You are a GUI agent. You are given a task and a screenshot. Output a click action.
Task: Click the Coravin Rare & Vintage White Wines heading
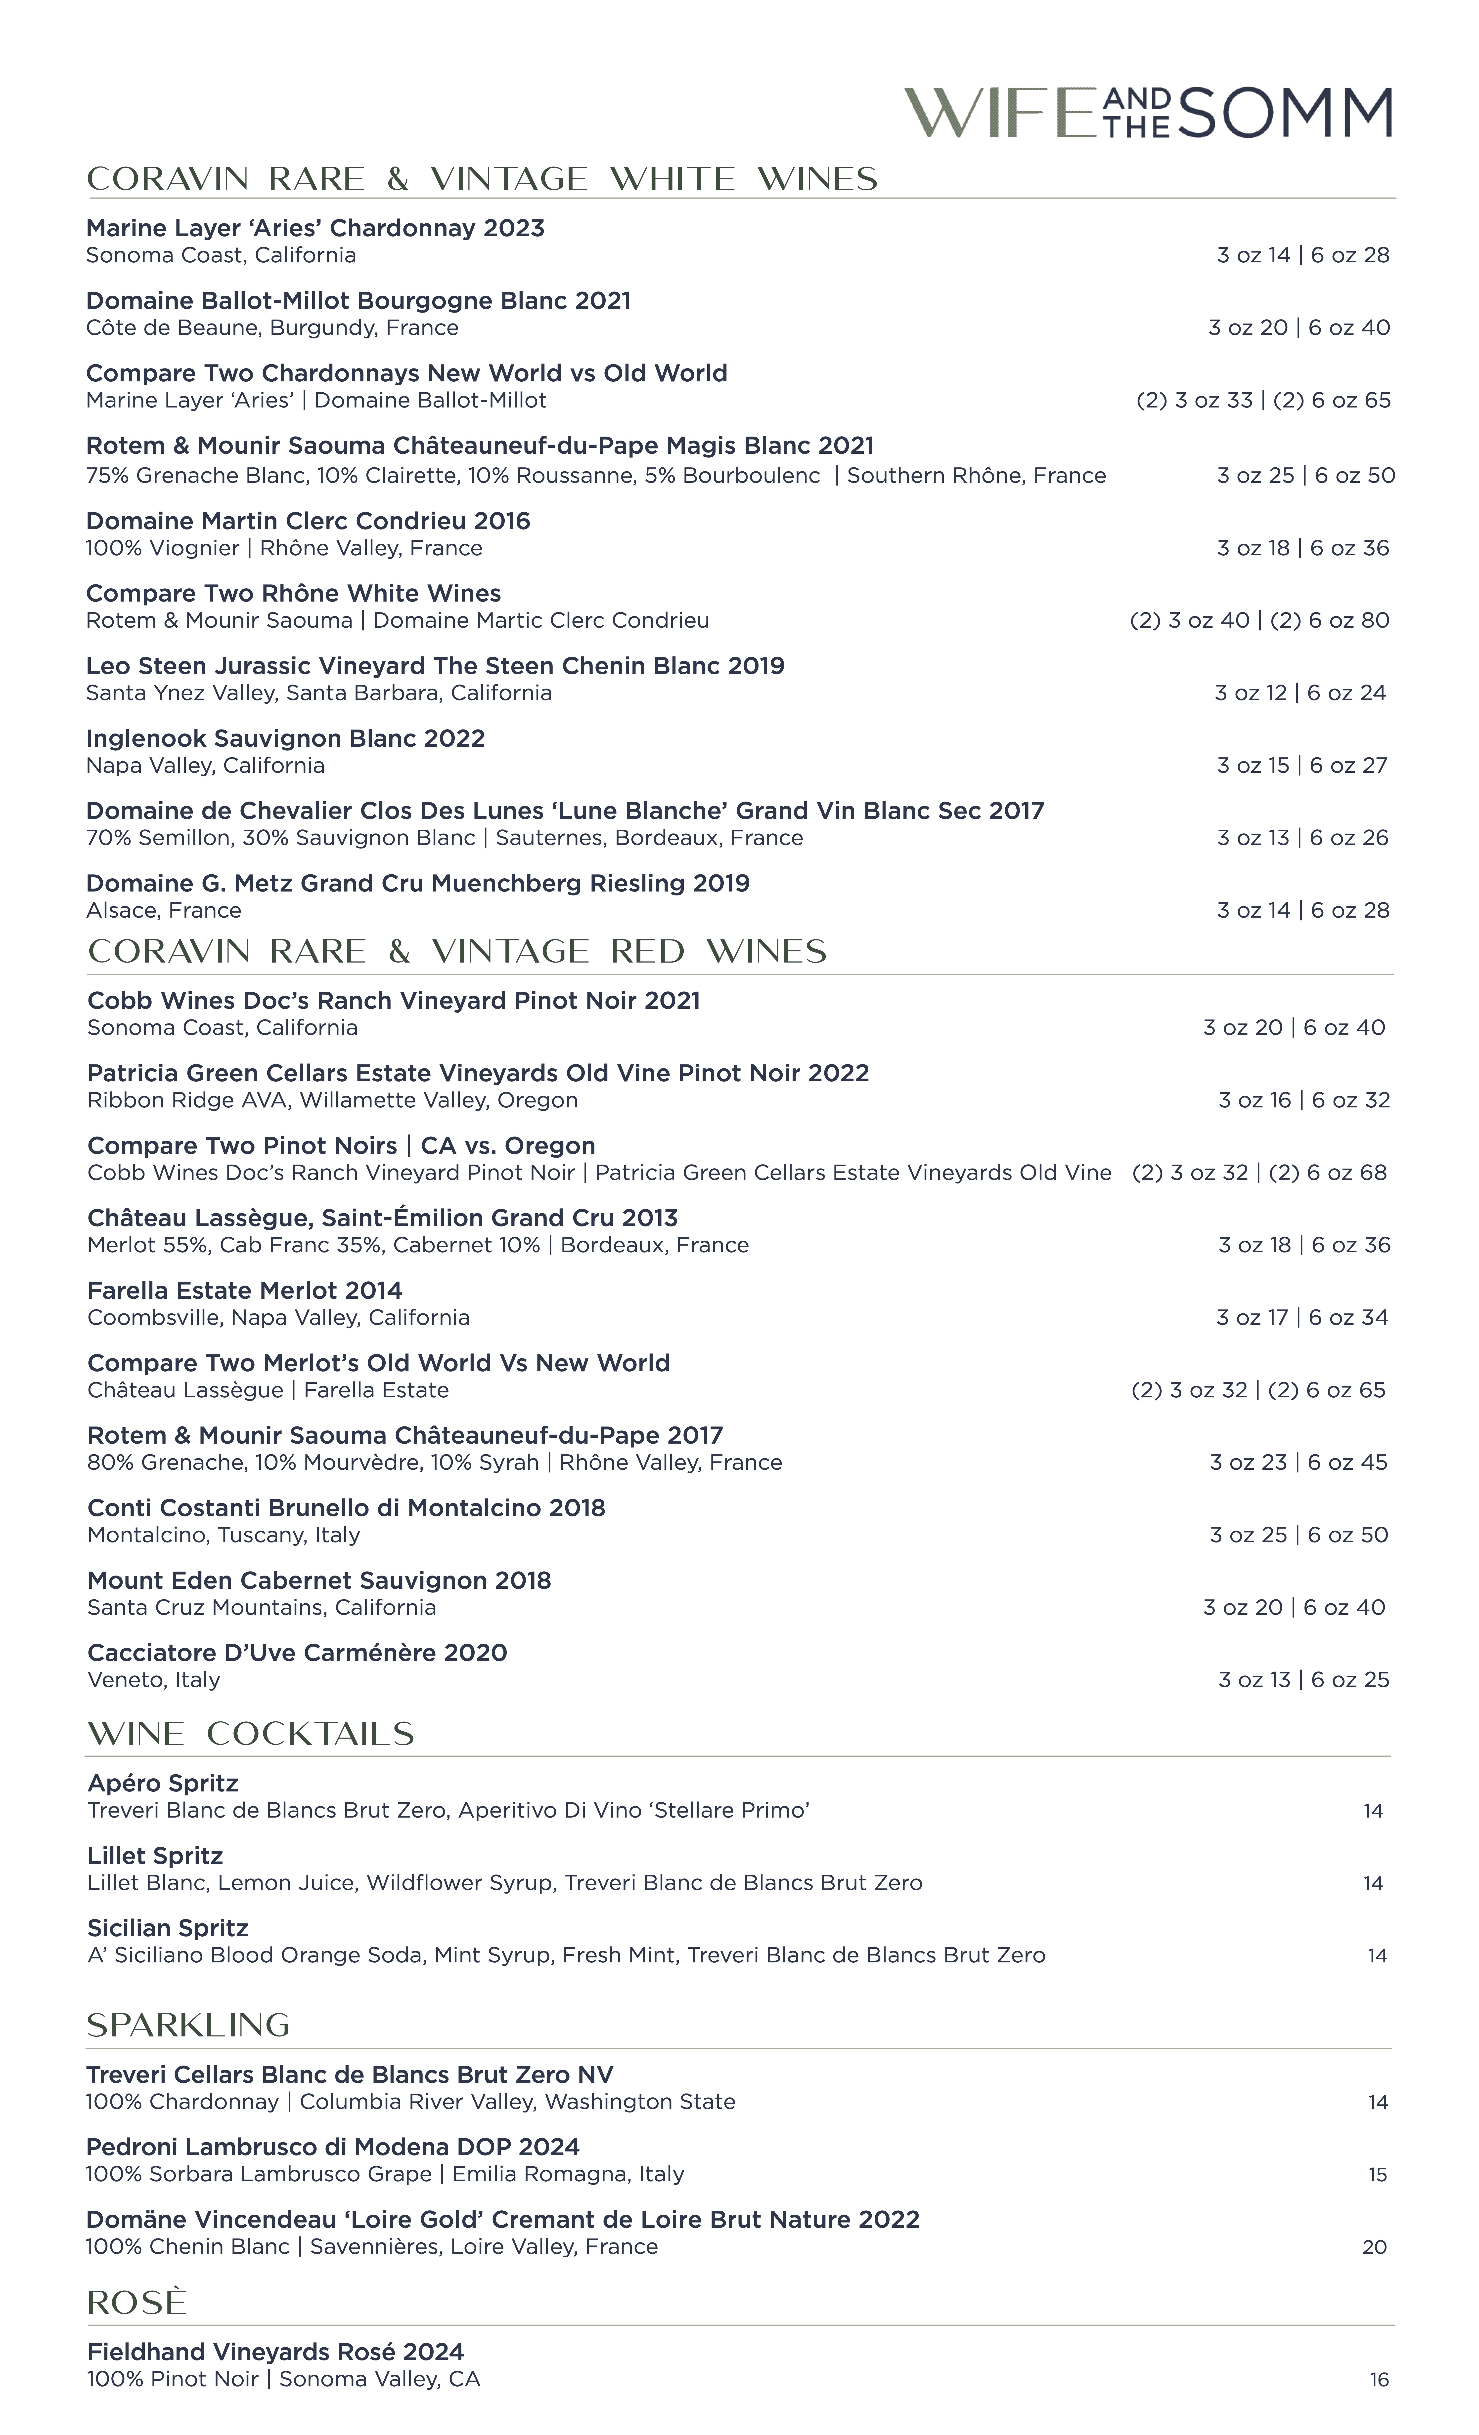[483, 179]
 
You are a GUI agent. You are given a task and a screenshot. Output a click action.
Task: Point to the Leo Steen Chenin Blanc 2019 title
[435, 666]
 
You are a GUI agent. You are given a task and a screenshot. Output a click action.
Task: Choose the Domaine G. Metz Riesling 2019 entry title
[417, 884]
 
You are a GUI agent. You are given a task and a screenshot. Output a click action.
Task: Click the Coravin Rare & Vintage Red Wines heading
[457, 952]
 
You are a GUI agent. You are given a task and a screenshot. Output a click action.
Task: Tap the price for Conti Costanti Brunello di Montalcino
[1298, 1535]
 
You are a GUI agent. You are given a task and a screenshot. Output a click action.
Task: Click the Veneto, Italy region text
[153, 1680]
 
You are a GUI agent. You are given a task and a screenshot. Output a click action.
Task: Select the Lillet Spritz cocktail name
[155, 1856]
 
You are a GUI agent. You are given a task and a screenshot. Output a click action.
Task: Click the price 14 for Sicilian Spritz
[1376, 1956]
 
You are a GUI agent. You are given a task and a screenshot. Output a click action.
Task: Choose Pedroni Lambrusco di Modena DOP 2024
[332, 2148]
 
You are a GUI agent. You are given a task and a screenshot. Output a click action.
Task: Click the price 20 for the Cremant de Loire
[1374, 2247]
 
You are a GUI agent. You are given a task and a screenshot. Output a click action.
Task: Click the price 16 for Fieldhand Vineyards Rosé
[1378, 2380]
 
